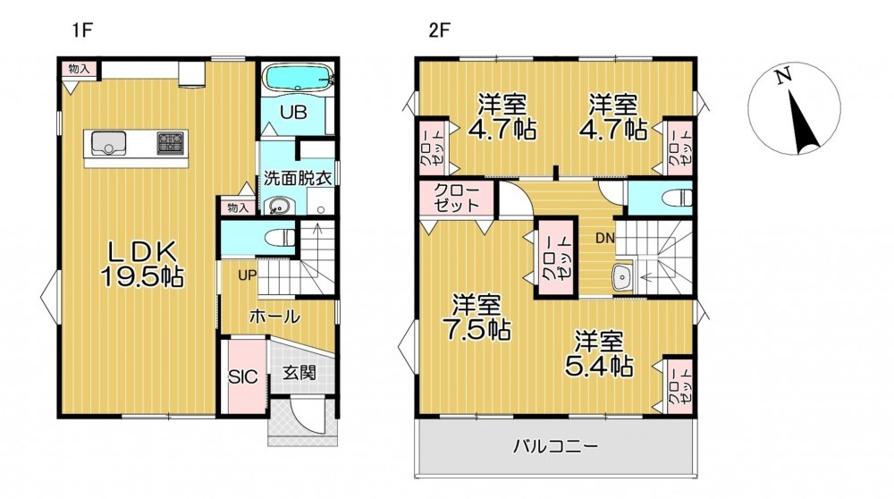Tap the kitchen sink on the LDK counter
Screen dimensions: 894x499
coord(108,142)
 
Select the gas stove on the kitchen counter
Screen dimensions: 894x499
coord(171,142)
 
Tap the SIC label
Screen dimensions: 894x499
coord(243,377)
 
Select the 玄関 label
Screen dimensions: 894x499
coord(299,374)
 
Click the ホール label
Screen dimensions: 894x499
coord(274,316)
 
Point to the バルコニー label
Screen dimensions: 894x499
coord(556,445)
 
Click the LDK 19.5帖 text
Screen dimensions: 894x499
coord(141,264)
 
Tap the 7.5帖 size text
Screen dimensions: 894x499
coord(477,330)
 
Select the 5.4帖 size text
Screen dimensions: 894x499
coord(599,366)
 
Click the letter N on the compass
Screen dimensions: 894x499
coord(783,75)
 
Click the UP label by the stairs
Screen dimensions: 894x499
coord(247,276)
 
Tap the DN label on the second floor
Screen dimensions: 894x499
coord(605,239)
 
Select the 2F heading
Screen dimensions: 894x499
coord(440,30)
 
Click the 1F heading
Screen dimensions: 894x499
coord(82,30)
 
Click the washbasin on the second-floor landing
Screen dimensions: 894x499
coord(622,277)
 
